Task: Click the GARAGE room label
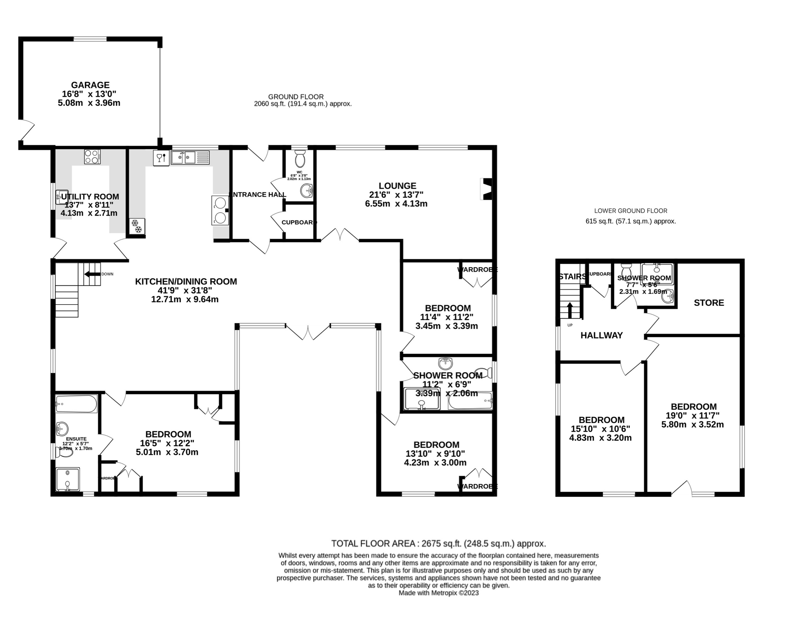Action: (x=90, y=85)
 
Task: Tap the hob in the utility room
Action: (x=92, y=156)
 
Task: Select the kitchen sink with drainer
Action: (x=190, y=157)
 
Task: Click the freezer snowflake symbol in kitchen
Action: (x=137, y=226)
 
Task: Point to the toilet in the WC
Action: (x=300, y=159)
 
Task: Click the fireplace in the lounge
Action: (x=486, y=189)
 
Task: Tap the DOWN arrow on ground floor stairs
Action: (x=92, y=274)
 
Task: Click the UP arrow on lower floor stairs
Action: (x=570, y=310)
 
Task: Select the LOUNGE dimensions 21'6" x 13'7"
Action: (x=396, y=195)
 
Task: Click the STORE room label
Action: (x=708, y=303)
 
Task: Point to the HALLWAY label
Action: (x=601, y=335)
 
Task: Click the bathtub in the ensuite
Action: (x=76, y=404)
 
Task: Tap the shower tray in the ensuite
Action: (x=68, y=479)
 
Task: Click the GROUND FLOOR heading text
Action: (x=296, y=96)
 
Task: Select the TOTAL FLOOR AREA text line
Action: (x=438, y=544)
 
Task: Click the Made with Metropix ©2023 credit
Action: (x=438, y=593)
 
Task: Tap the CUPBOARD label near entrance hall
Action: (x=299, y=222)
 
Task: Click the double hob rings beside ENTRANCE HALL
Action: (x=220, y=210)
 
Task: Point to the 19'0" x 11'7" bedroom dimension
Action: (x=693, y=416)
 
